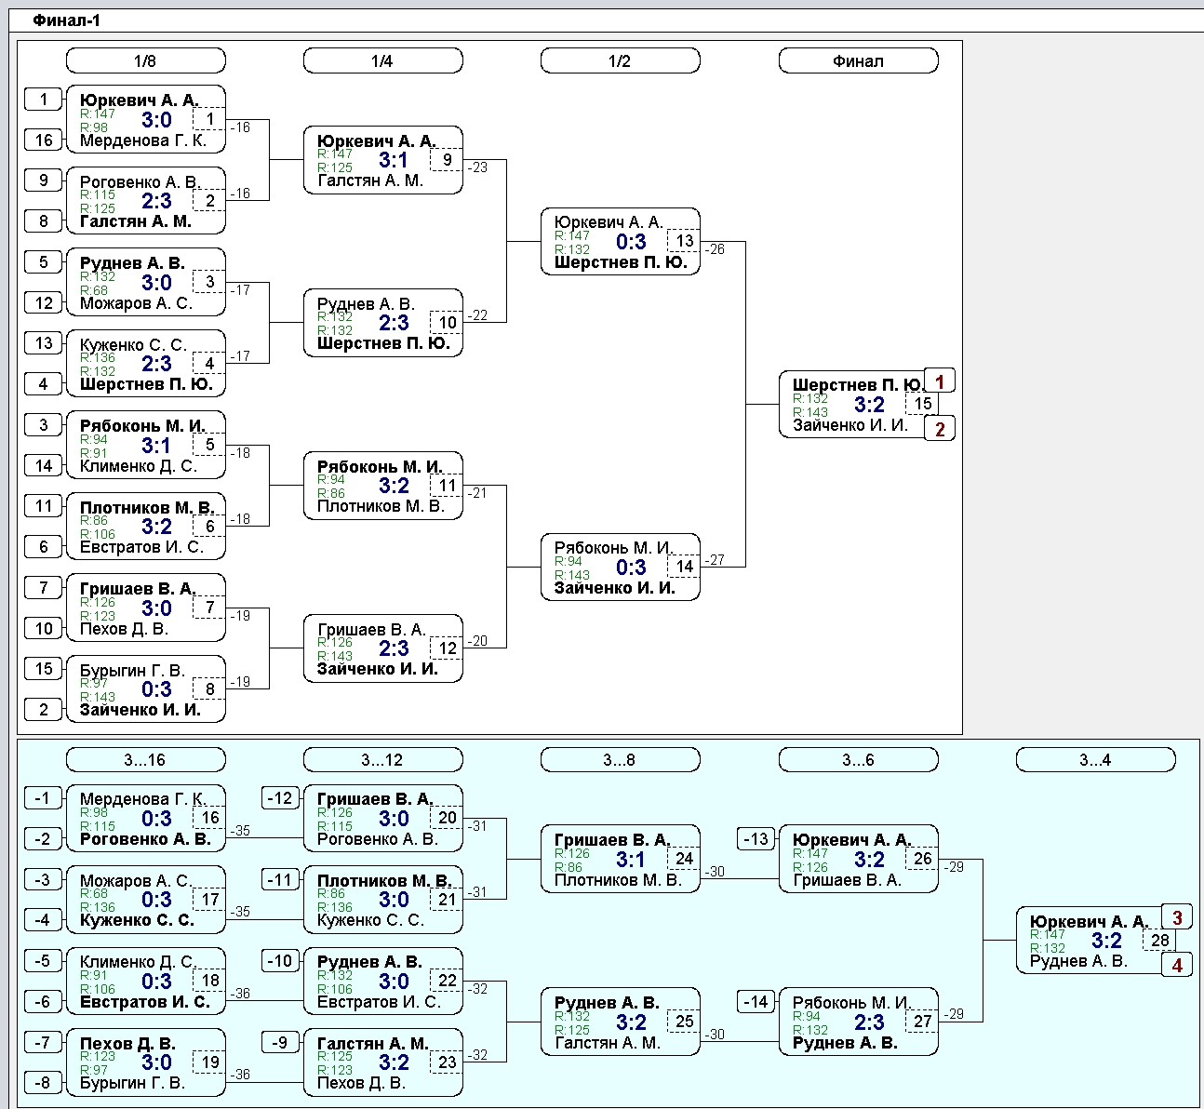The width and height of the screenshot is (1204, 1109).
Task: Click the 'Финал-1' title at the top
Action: tap(66, 20)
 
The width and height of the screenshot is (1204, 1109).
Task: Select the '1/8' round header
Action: tap(145, 60)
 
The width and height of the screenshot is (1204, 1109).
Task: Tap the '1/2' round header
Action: tap(620, 60)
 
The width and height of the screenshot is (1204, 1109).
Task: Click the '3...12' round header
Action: tap(383, 759)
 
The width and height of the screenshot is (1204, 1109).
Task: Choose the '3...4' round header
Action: tap(1095, 759)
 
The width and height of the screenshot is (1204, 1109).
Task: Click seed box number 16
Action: tap(43, 140)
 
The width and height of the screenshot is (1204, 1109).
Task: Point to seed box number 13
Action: tap(43, 343)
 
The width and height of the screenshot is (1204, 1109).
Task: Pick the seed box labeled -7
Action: tap(43, 1042)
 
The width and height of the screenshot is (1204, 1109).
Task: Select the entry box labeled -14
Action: tap(756, 1001)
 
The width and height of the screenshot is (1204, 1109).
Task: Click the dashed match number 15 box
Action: tap(922, 404)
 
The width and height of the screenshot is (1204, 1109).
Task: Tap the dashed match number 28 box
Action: tap(1159, 940)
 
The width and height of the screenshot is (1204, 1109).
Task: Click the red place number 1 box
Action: tap(940, 381)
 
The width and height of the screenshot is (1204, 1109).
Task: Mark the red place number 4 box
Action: tap(1176, 966)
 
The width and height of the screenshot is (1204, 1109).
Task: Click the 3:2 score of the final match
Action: tap(869, 405)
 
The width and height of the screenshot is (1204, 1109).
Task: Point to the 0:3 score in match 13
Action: tap(631, 242)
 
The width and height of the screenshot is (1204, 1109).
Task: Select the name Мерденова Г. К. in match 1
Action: tap(143, 140)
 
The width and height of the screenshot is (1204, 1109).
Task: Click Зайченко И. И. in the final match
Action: tap(849, 425)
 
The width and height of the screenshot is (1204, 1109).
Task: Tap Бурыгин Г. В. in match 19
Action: tap(132, 1083)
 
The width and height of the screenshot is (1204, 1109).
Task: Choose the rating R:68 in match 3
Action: tap(94, 290)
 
